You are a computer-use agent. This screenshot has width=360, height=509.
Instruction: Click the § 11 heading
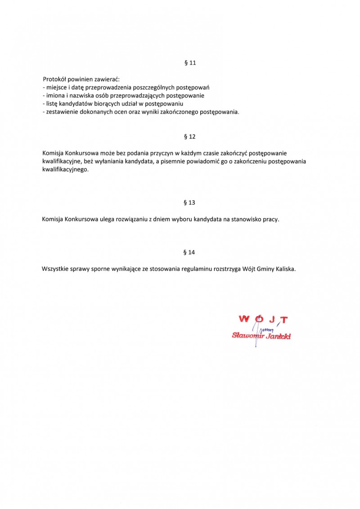[x=190, y=63]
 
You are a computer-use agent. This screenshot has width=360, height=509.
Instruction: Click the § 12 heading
[x=190, y=136]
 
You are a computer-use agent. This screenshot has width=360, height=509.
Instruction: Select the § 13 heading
[x=190, y=203]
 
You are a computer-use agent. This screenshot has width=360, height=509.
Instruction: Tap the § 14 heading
[x=190, y=252]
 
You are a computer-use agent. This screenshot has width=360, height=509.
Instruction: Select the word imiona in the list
[x=55, y=95]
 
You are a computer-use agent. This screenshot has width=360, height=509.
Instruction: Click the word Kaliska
[x=285, y=269]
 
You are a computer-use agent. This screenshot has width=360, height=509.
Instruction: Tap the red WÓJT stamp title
[x=263, y=320]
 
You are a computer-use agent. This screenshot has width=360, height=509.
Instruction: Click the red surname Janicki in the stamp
[x=278, y=336]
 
